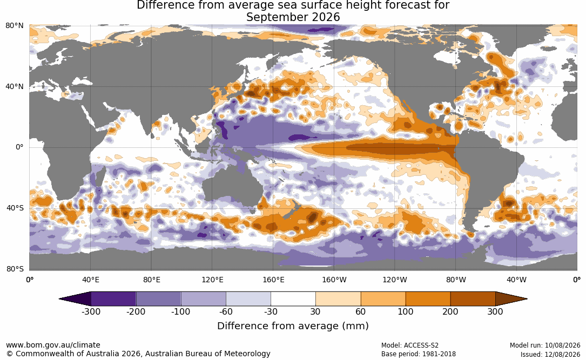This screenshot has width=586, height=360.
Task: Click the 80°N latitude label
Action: [x=15, y=25]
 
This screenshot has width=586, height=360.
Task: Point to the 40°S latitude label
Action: [x=15, y=208]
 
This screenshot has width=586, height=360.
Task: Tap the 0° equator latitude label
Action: [x=19, y=147]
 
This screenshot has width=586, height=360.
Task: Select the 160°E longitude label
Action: [x=273, y=280]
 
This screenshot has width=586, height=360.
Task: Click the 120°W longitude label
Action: [x=395, y=280]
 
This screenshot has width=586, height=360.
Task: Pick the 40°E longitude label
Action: [x=90, y=280]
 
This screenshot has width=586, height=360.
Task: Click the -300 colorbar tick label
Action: [x=91, y=311]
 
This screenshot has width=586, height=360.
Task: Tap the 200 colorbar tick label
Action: [x=450, y=311]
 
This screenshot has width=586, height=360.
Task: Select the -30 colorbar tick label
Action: [x=271, y=311]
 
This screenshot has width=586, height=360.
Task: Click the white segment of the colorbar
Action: [x=293, y=299]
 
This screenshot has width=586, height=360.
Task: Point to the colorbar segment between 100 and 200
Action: [x=428, y=299]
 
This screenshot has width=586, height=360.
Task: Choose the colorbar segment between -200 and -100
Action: [x=158, y=299]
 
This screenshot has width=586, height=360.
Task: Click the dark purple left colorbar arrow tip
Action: [x=59, y=299]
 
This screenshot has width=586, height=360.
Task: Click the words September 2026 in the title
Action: [x=293, y=17]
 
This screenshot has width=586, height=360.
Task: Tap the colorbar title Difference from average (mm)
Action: [x=293, y=325]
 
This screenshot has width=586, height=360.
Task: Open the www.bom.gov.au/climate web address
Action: [x=53, y=345]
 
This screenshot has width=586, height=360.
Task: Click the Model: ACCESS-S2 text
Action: [x=410, y=345]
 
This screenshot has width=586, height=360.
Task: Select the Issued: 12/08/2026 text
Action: [x=550, y=354]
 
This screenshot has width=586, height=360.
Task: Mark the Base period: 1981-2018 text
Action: [x=419, y=354]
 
